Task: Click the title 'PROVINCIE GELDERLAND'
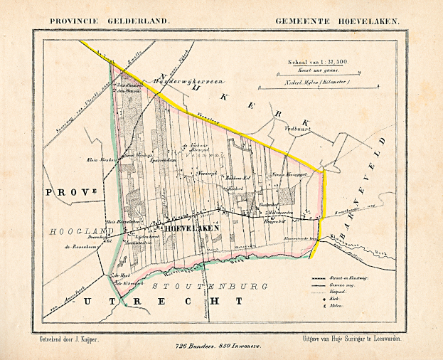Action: coord(110,21)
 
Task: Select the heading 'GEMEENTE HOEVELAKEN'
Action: coord(338,21)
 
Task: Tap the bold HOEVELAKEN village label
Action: coord(191,228)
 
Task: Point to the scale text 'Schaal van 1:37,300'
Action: coord(312,63)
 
